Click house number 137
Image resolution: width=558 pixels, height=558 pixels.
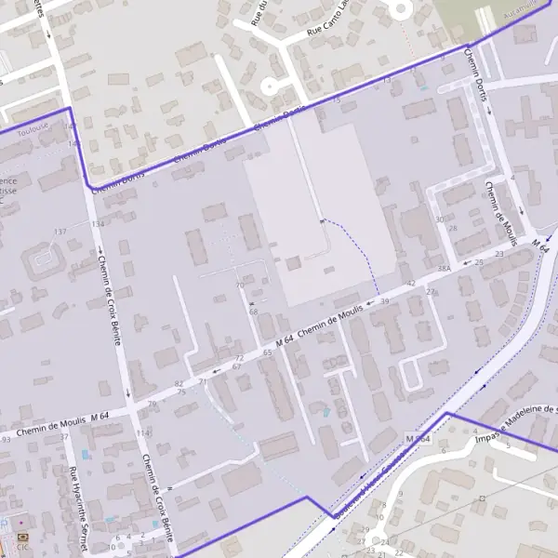(x=60, y=232)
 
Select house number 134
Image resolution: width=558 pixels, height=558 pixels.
(x=98, y=224)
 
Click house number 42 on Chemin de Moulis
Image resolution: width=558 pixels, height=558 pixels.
(x=411, y=283)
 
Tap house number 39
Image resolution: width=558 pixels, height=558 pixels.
(x=384, y=301)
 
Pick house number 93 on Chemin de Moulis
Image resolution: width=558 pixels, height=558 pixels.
(x=6, y=438)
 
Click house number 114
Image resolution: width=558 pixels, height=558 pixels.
(x=142, y=433)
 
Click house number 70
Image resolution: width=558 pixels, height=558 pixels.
(x=240, y=286)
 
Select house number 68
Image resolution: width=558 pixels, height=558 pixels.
(x=253, y=312)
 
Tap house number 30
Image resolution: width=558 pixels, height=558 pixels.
(x=439, y=219)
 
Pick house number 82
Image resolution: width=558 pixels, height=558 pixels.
(x=179, y=383)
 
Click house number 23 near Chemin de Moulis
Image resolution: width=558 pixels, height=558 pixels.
(x=499, y=253)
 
